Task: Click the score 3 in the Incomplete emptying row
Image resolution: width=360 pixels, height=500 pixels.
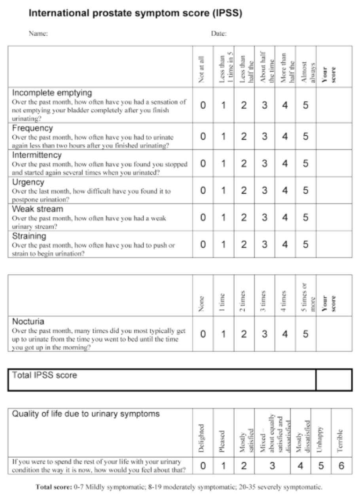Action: (265, 106)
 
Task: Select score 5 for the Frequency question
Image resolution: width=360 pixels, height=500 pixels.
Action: (305, 136)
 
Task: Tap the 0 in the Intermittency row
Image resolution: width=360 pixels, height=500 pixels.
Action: (203, 164)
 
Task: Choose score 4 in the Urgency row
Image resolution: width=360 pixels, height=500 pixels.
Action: (285, 191)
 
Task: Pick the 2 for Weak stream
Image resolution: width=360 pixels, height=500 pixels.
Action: (244, 217)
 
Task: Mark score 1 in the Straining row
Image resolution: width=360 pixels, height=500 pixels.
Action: (224, 245)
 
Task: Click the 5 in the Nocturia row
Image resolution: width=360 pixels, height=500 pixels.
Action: (305, 334)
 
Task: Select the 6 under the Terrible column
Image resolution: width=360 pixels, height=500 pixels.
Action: (341, 466)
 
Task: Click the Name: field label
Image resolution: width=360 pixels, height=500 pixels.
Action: (38, 34)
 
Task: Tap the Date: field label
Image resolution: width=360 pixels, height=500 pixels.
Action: (219, 34)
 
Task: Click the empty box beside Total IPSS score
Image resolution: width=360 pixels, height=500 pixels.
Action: (333, 380)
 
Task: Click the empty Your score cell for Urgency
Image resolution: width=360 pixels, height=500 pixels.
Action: (333, 191)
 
